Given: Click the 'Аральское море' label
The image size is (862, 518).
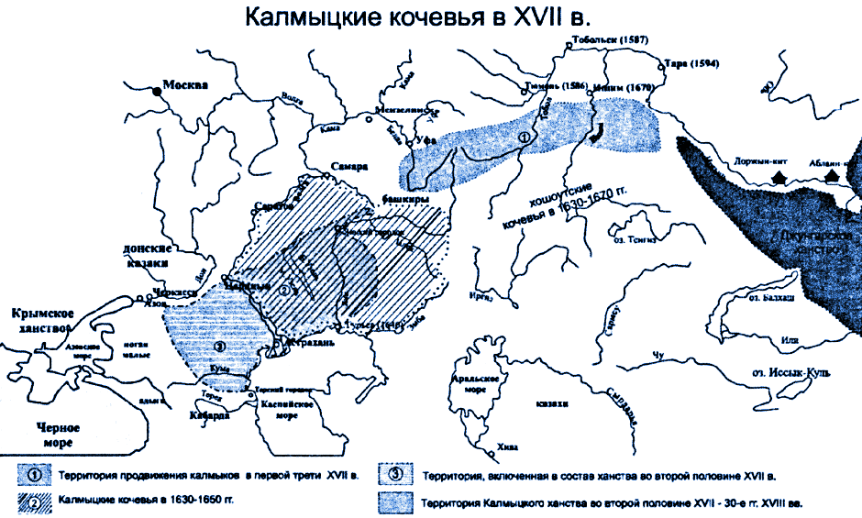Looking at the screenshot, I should (478, 383).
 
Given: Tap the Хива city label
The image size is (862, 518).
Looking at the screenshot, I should (507, 446).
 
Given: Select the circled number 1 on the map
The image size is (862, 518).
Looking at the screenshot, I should (524, 137).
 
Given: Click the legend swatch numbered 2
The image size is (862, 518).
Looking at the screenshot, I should (34, 502).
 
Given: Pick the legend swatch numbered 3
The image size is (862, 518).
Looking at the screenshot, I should (397, 476).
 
